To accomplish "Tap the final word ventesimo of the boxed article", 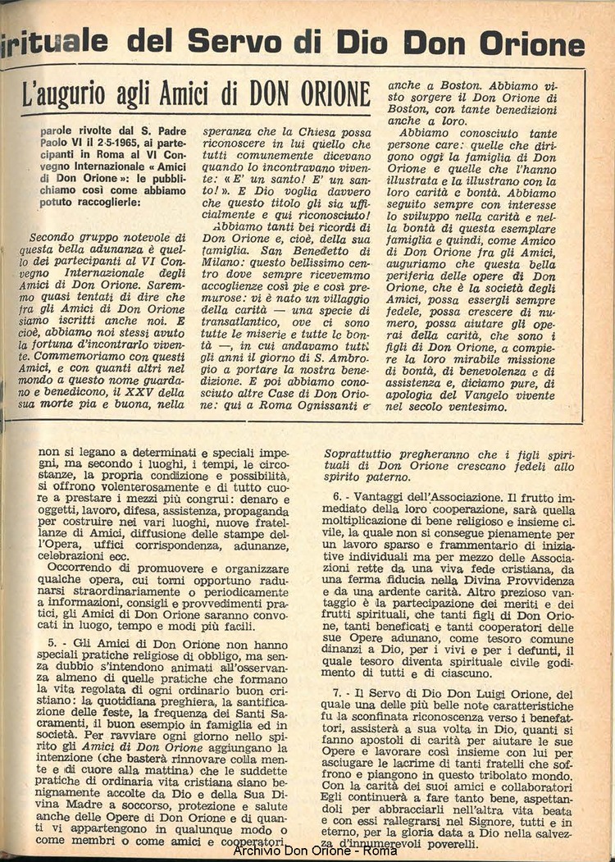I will pos(496,405).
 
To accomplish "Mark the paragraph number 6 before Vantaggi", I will pos(338,498).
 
